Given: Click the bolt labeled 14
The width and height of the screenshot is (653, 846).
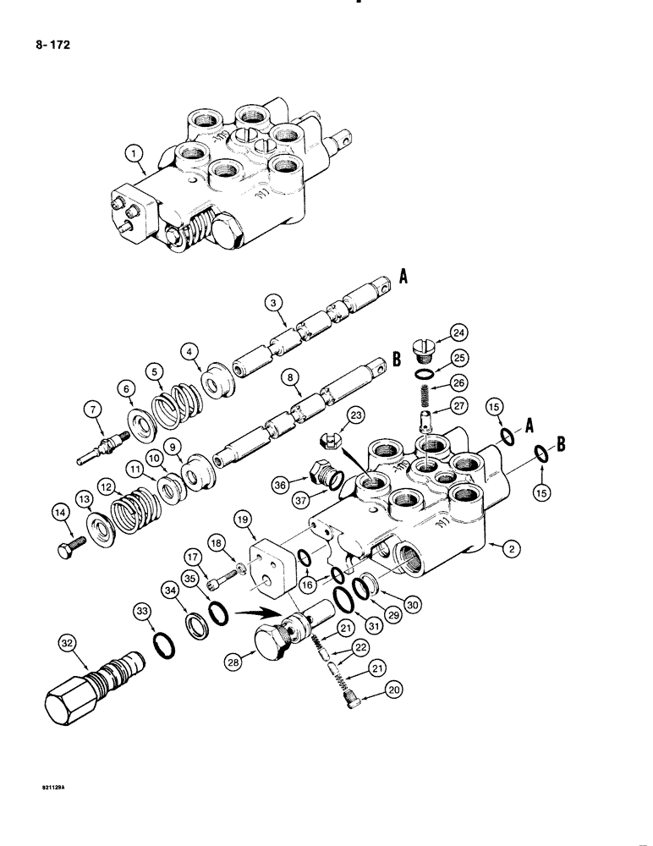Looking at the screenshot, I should pyautogui.click(x=66, y=549).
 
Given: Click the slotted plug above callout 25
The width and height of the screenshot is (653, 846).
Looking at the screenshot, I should pyautogui.click(x=425, y=346).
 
